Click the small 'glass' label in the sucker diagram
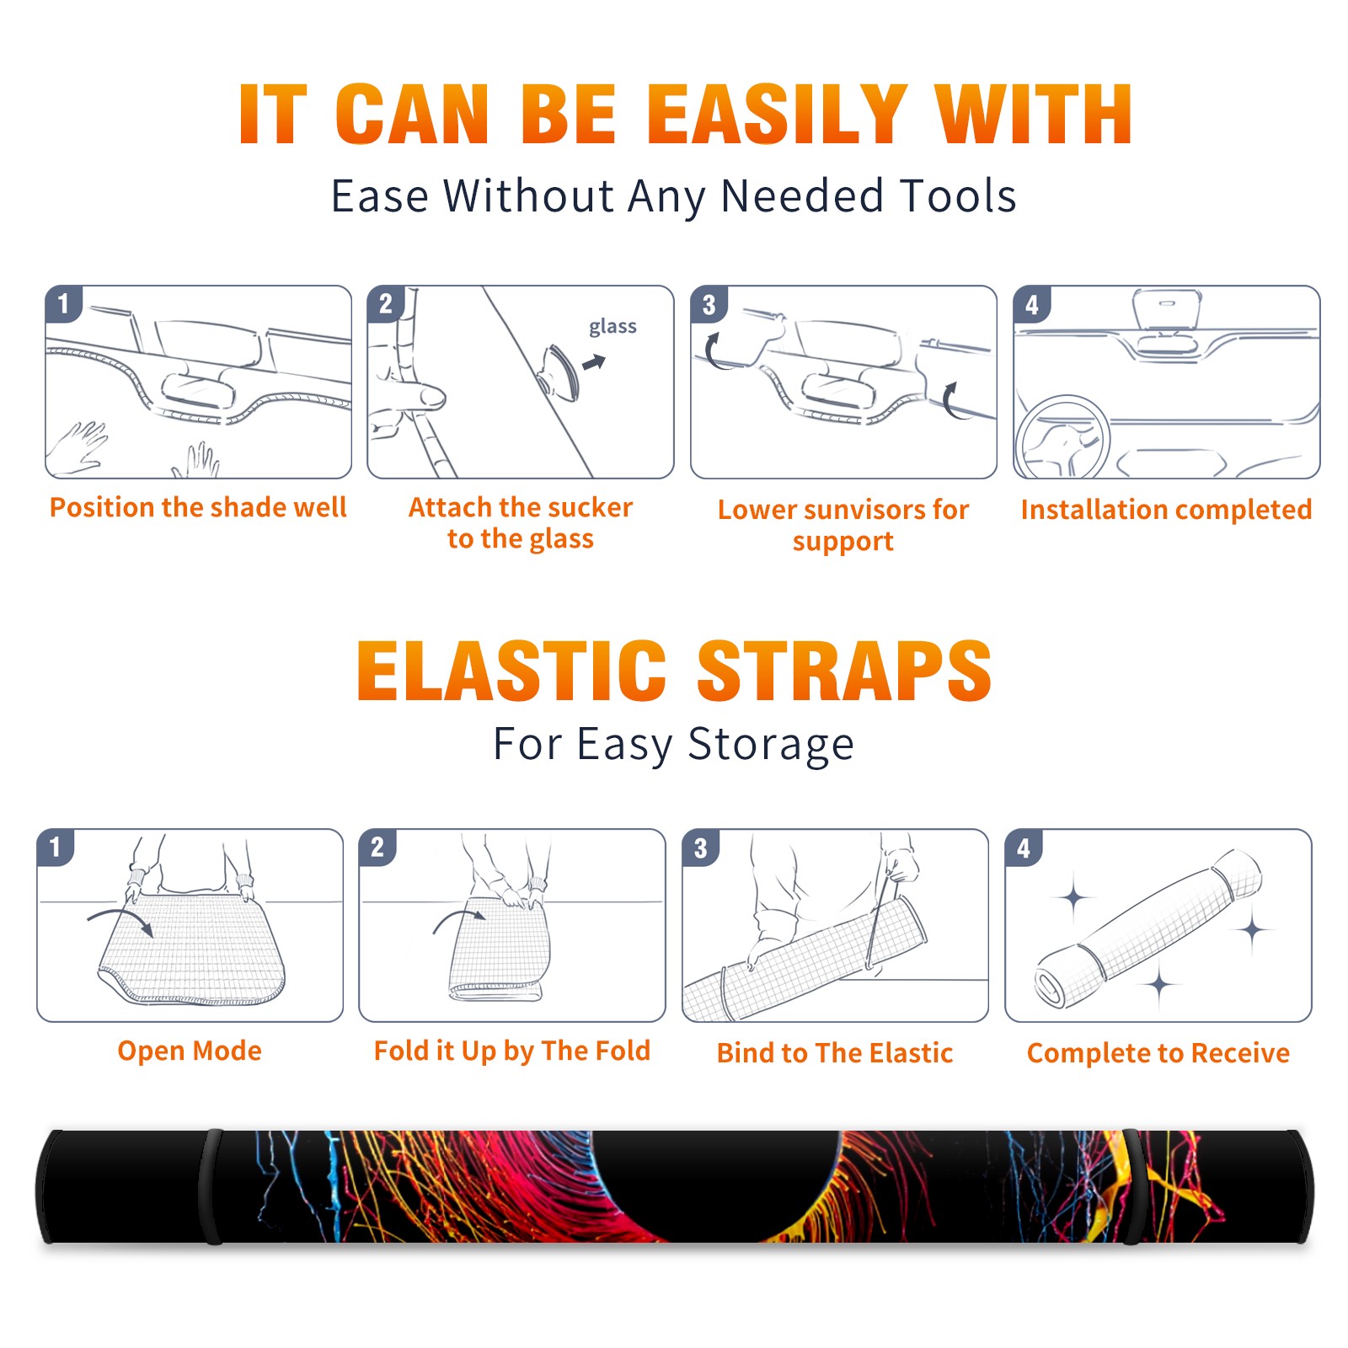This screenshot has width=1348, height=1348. tap(612, 327)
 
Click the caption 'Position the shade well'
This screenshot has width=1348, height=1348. tap(198, 507)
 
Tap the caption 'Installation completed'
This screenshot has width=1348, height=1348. tap(1166, 510)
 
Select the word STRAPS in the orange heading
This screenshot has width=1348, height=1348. tap(844, 671)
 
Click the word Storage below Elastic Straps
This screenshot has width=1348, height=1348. tap(771, 745)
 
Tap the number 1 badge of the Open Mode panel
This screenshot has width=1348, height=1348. tap(56, 847)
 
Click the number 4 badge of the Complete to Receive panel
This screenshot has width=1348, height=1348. tap(1024, 848)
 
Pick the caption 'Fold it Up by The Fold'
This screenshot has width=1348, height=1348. tap(512, 1051)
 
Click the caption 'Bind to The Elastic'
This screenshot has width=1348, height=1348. tap(835, 1053)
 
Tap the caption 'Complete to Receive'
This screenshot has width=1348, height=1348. tap(1158, 1053)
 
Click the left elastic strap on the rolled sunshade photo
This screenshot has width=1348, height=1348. tap(211, 1186)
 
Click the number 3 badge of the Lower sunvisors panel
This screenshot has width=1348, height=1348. tap(709, 305)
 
